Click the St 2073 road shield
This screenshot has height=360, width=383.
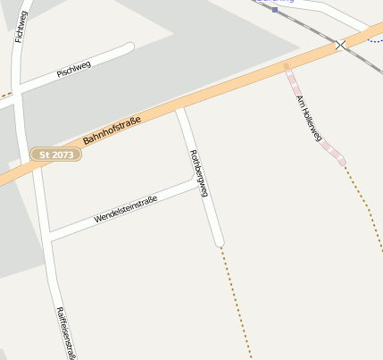(x=56, y=155)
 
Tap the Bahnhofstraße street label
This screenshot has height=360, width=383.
(x=112, y=130)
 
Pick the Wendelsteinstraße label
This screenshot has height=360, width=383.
(x=125, y=210)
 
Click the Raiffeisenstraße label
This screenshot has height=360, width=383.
(x=64, y=333)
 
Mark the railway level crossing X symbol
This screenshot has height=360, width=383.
(x=339, y=45)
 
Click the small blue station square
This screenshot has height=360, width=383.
(x=275, y=9)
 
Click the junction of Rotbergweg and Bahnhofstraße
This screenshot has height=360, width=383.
(x=179, y=108)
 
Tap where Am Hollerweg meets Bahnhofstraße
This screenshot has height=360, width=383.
(x=287, y=65)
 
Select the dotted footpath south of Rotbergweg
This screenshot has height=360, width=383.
(x=236, y=304)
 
